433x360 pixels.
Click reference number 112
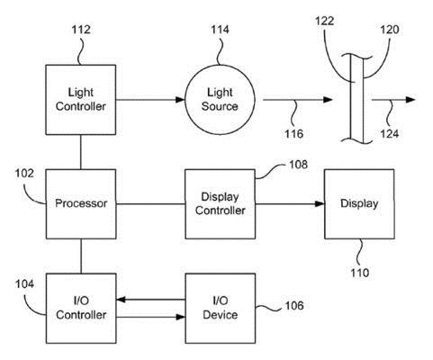click(x=81, y=30)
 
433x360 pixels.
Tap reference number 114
click(x=220, y=30)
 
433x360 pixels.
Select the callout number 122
click(x=325, y=21)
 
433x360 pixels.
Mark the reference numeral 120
click(x=390, y=30)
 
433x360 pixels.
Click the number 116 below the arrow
click(x=294, y=133)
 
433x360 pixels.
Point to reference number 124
click(x=390, y=133)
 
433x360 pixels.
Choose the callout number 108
click(x=298, y=165)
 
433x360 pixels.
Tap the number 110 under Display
click(x=360, y=273)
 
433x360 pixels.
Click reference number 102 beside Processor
click(x=24, y=174)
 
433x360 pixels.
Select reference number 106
click(x=294, y=305)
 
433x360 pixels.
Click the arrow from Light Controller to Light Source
click(x=150, y=100)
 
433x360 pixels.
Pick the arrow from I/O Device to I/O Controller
click(x=150, y=300)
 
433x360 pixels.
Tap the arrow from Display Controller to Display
click(x=290, y=204)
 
